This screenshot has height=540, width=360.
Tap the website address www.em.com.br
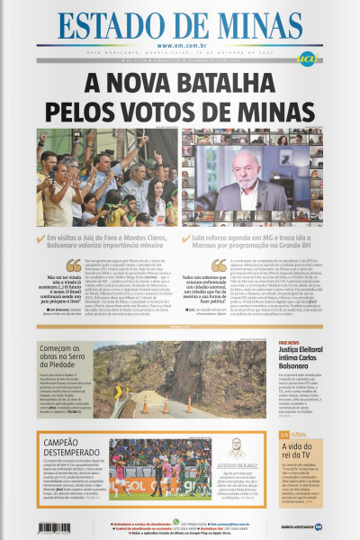click(180, 45)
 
